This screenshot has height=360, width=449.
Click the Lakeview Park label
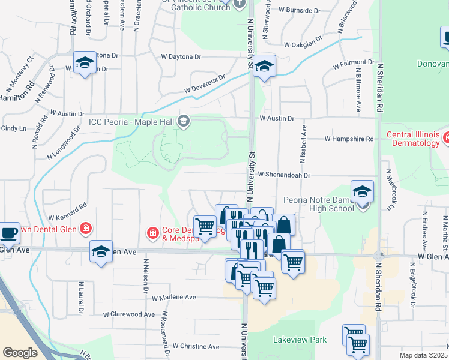tap(300, 340)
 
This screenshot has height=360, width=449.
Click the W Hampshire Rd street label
tap(349, 139)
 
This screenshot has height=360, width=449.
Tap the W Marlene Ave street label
tap(173, 297)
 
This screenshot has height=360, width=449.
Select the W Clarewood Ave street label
tap(129, 314)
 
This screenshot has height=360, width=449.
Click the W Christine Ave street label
tap(196, 346)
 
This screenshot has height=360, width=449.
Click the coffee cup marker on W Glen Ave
tap(9, 232)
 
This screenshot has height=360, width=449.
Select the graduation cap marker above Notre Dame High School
tap(363, 191)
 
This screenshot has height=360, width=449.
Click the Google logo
tap(20, 353)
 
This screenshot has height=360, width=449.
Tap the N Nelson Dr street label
tap(145, 275)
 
